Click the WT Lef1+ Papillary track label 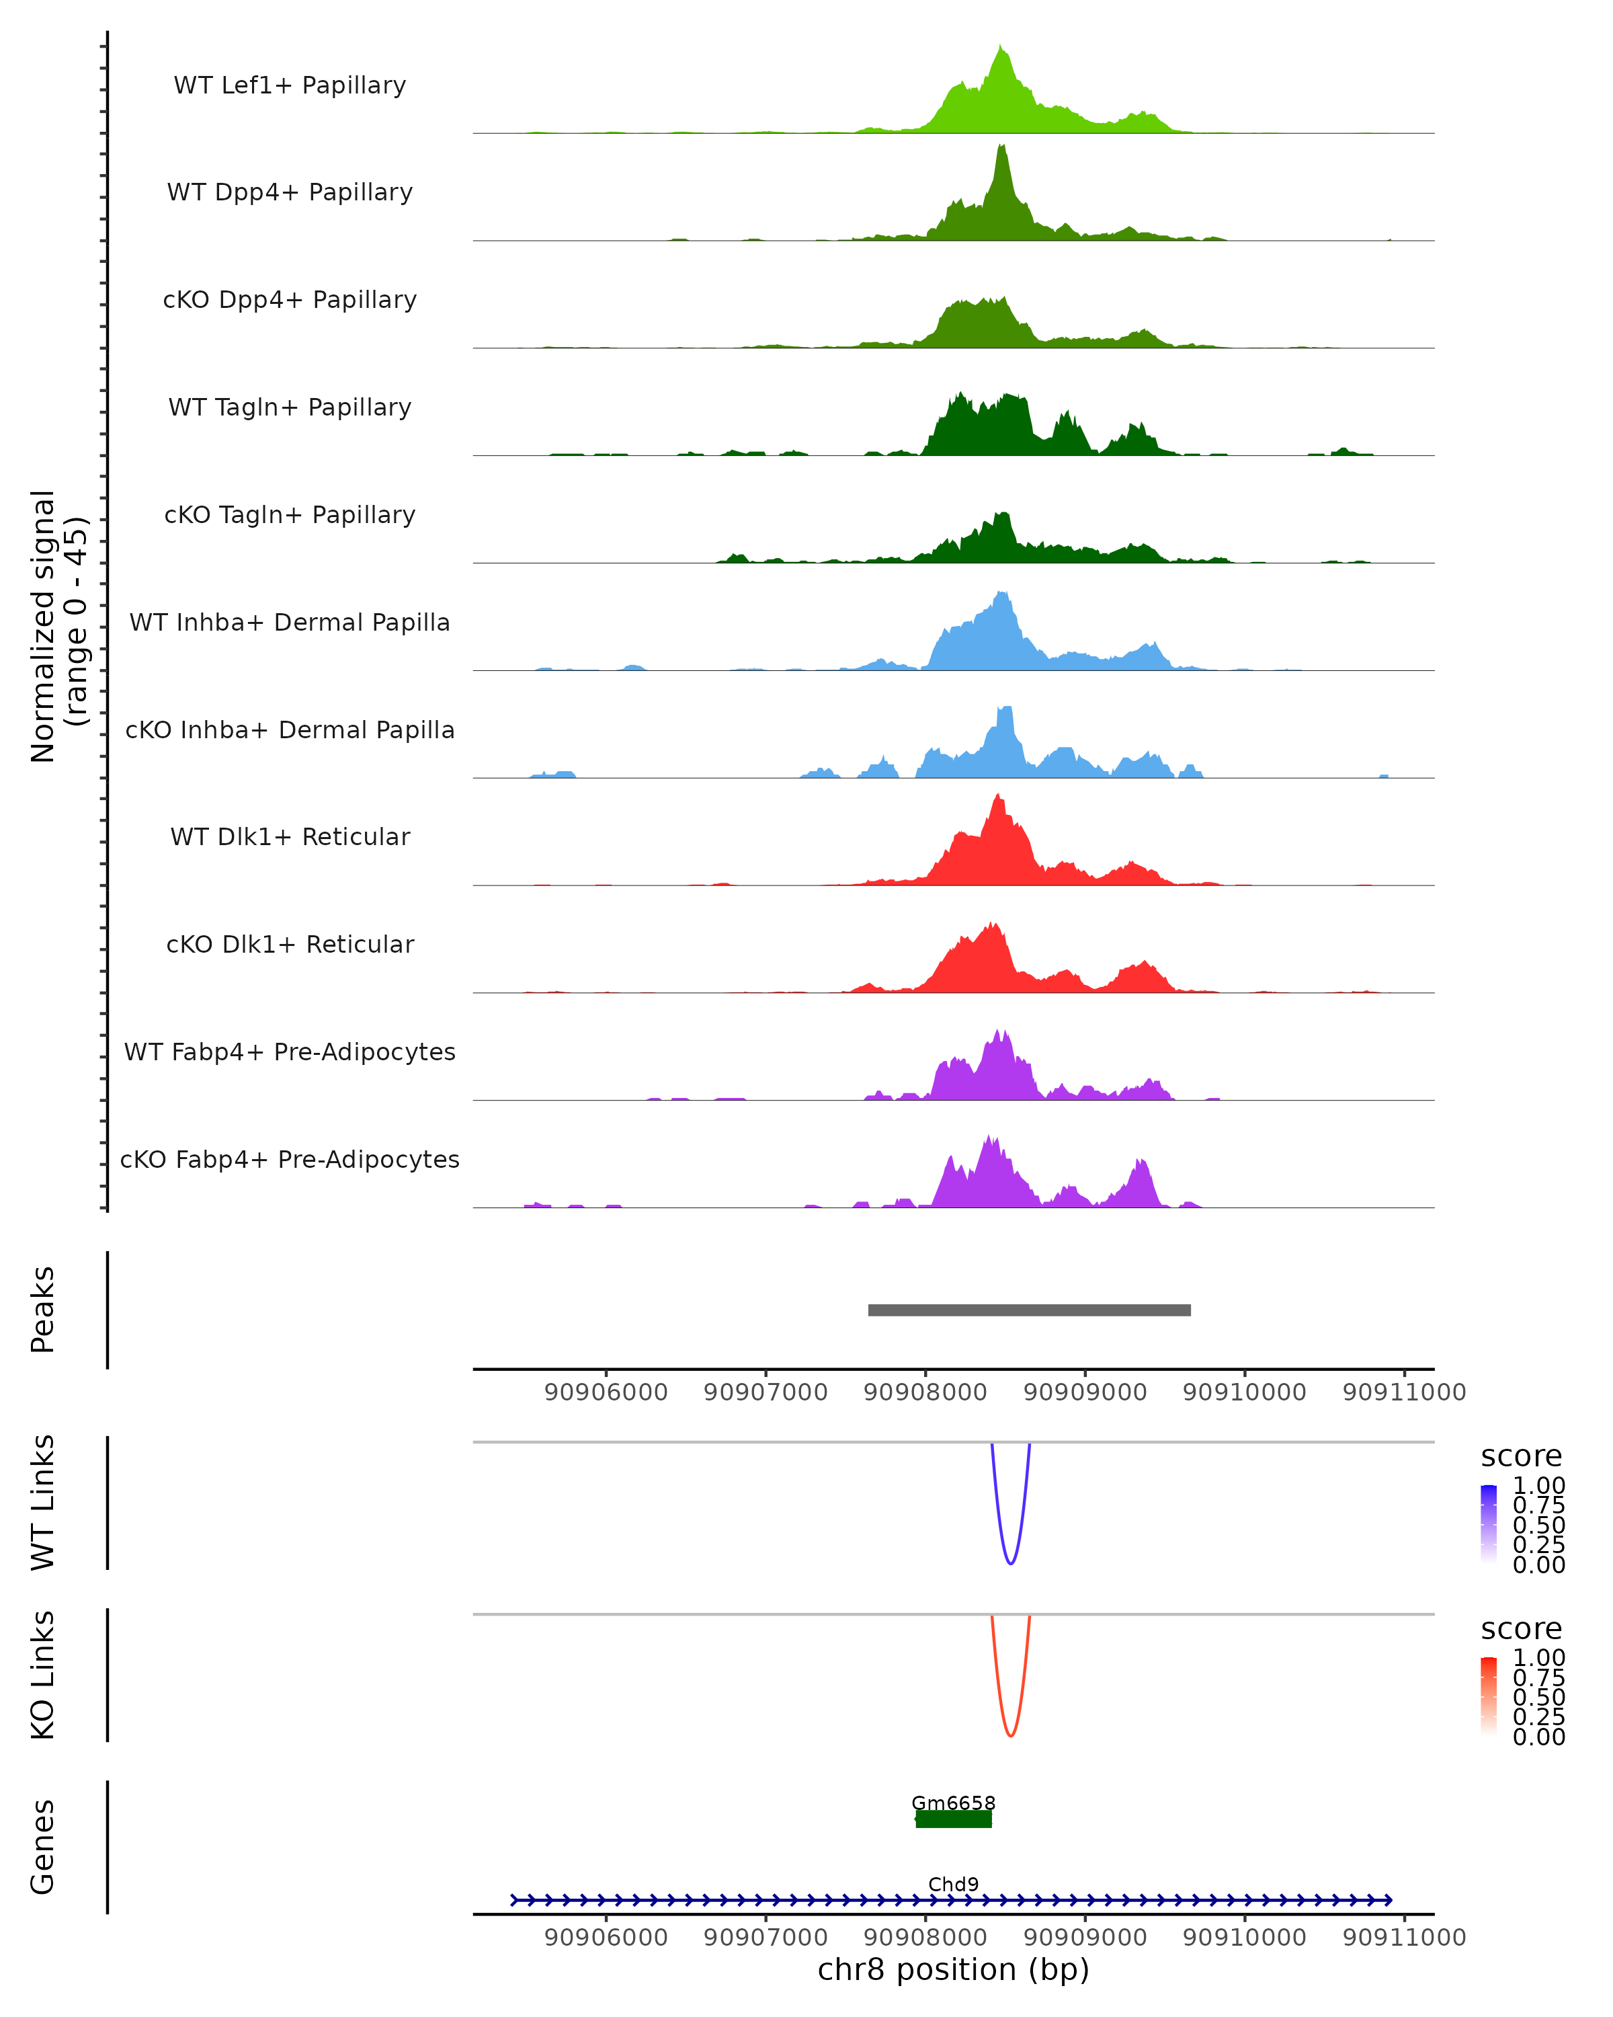[x=290, y=85]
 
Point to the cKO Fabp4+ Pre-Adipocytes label [x=290, y=1159]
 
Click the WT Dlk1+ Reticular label [x=290, y=836]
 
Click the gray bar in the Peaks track [x=1028, y=1310]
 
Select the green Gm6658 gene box [x=953, y=1819]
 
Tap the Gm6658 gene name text [x=953, y=1803]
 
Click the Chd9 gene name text [x=953, y=1884]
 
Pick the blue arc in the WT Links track [x=1010, y=1563]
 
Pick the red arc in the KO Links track [x=1010, y=1735]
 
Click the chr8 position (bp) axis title [x=953, y=1969]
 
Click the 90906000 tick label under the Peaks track [x=606, y=1392]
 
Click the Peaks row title [x=43, y=1310]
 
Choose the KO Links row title [x=43, y=1675]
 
